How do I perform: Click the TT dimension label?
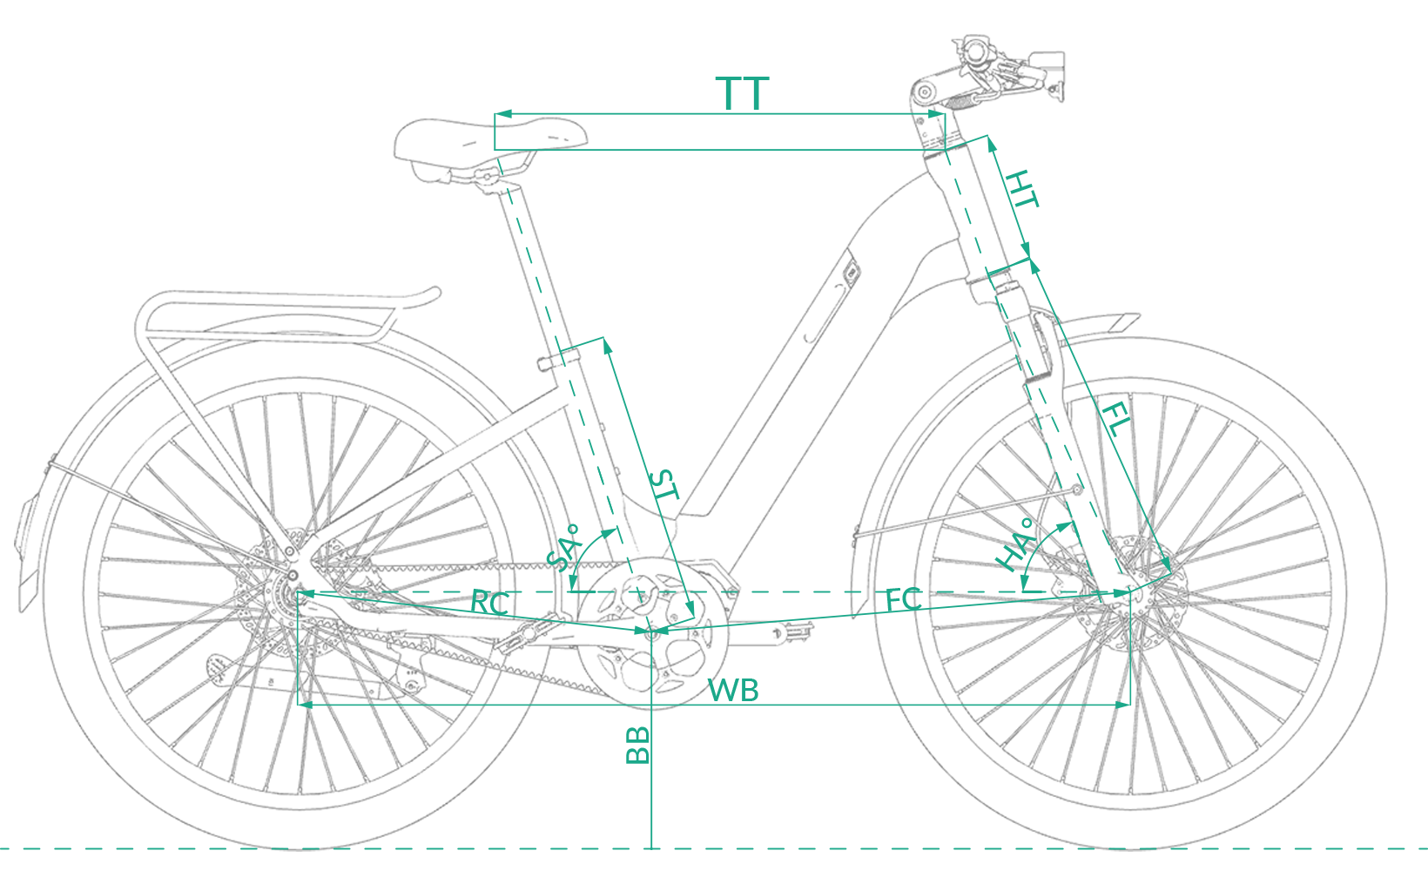(742, 93)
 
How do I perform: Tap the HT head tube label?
(1022, 189)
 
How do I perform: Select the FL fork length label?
(1115, 420)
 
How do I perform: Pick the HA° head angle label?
(1015, 544)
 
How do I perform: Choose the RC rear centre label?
(489, 604)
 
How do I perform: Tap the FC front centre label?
(903, 599)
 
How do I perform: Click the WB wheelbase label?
(733, 690)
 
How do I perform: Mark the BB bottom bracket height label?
(637, 746)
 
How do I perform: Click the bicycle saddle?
(489, 145)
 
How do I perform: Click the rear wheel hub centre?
(298, 594)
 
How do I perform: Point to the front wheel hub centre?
(1130, 592)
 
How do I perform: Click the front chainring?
(652, 632)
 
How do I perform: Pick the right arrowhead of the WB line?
(1122, 705)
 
